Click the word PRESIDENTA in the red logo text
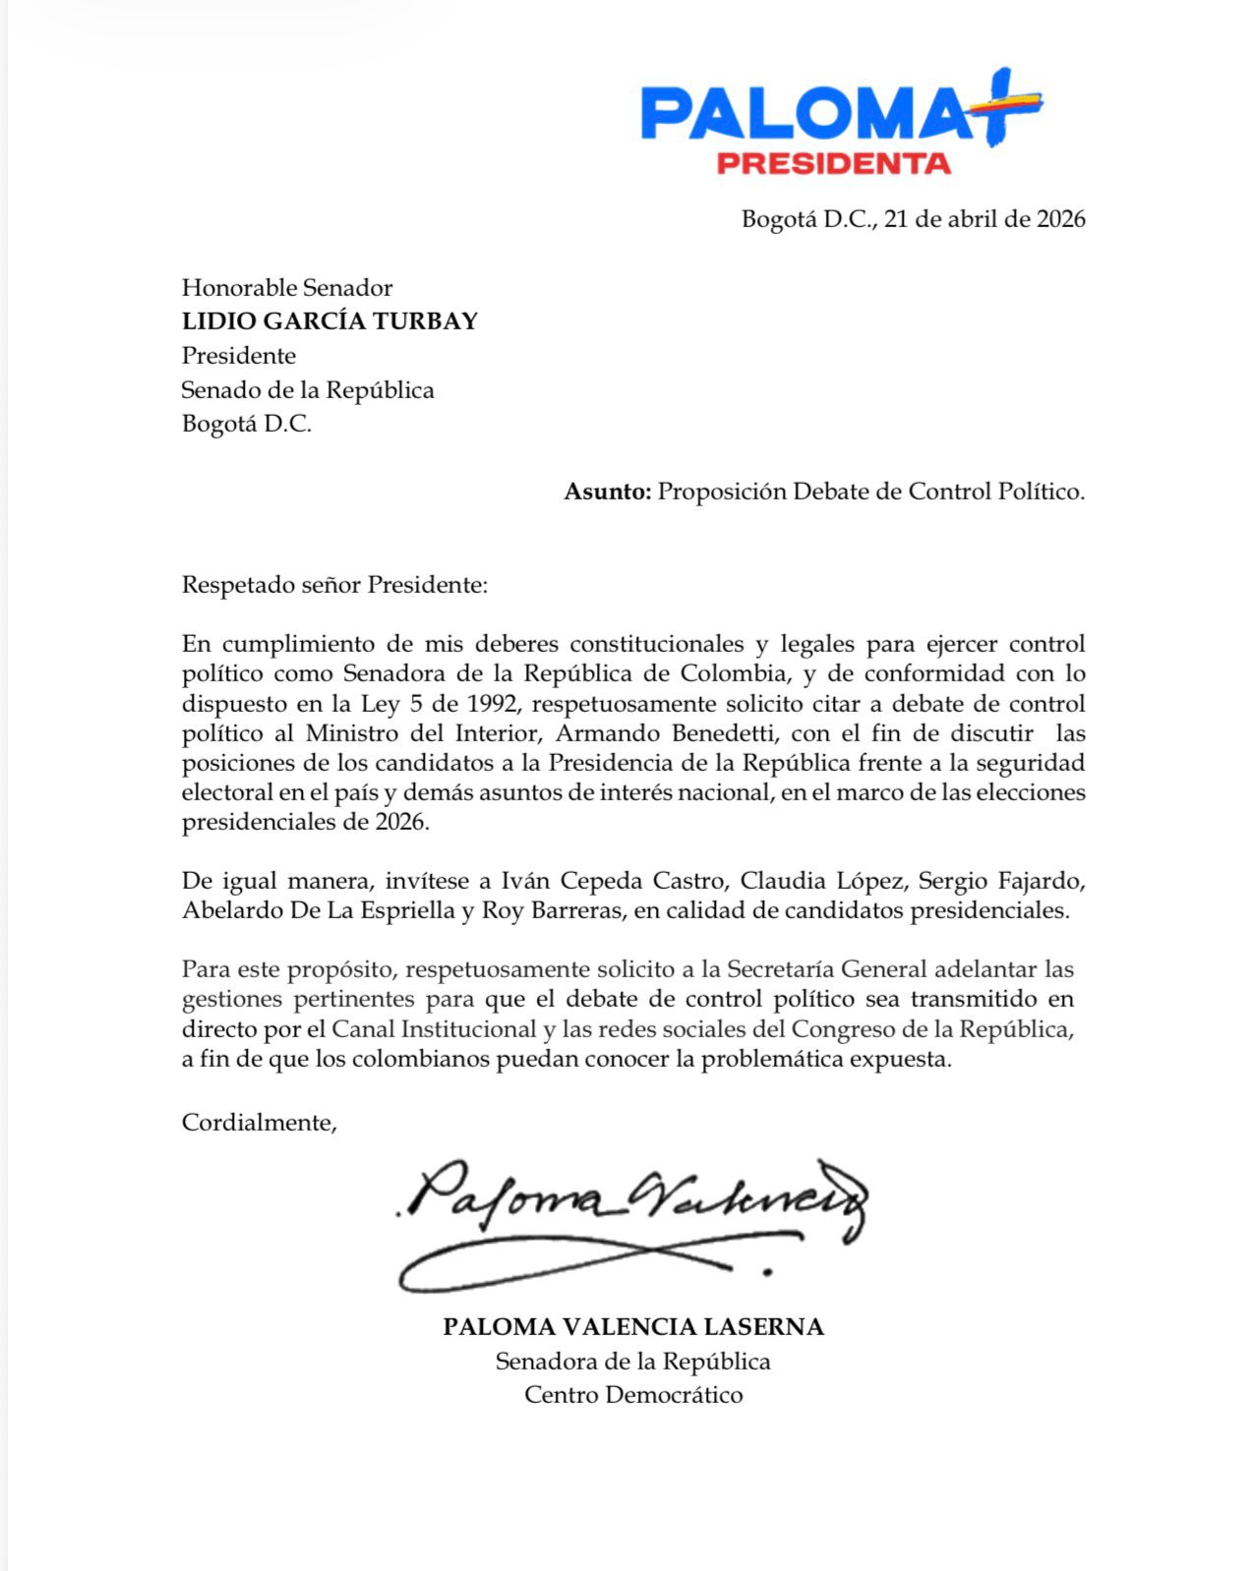[833, 163]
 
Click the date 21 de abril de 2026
[984, 218]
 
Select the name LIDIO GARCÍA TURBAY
[329, 321]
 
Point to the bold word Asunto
[607, 492]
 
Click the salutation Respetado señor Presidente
[334, 586]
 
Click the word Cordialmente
[259, 1123]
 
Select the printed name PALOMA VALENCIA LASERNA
[633, 1327]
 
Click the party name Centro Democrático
[633, 1395]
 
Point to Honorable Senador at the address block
[287, 288]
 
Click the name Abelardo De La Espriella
[319, 910]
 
